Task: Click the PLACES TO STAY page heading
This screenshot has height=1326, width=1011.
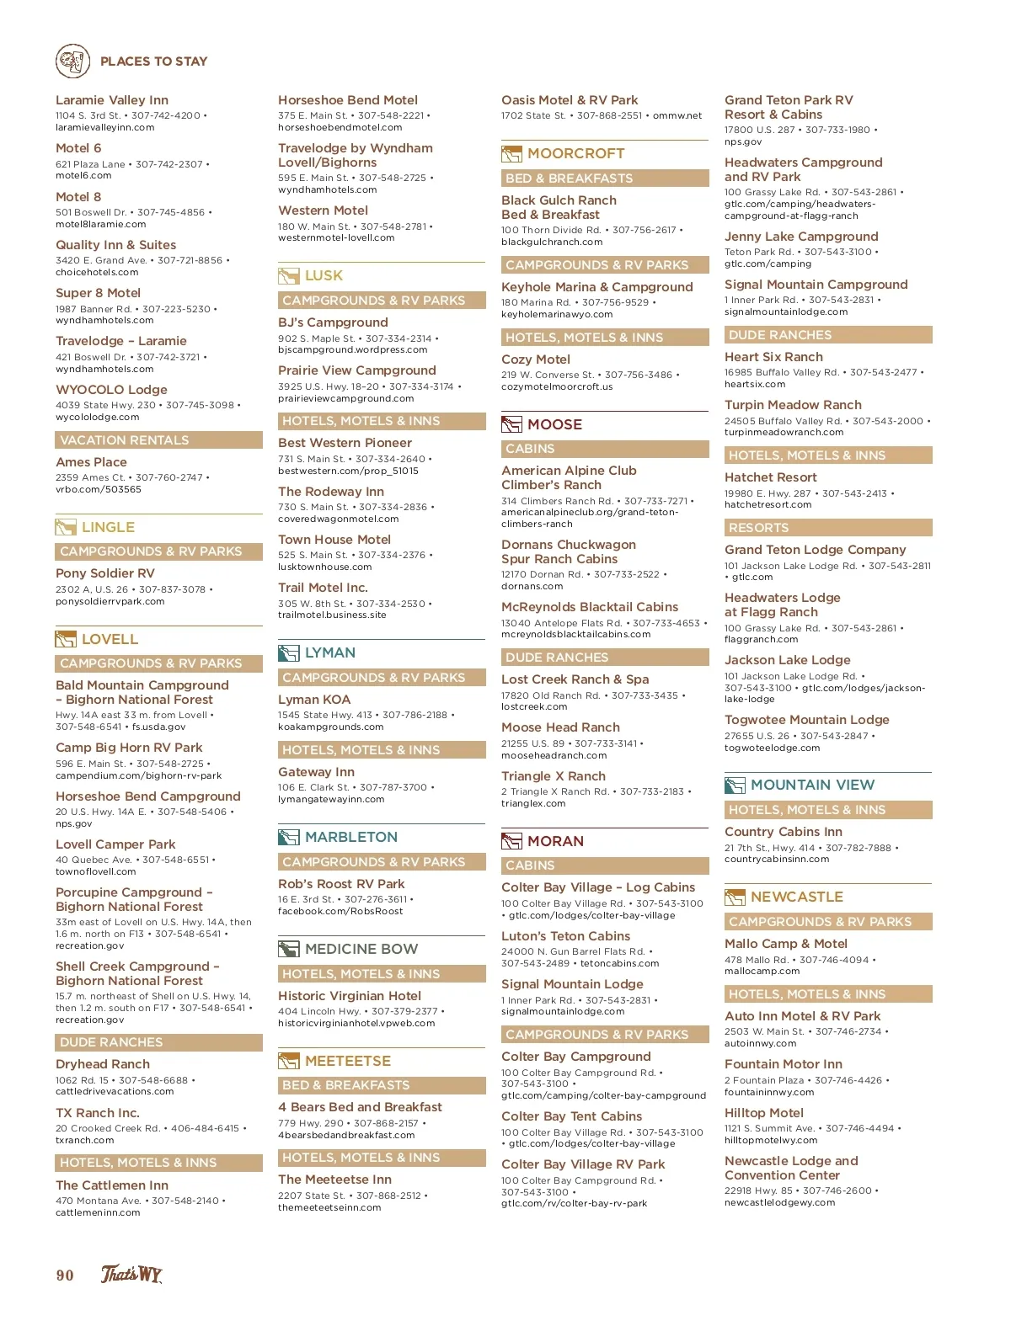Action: (153, 61)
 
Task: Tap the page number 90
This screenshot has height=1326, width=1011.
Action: (65, 1275)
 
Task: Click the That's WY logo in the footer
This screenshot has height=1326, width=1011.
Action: (131, 1275)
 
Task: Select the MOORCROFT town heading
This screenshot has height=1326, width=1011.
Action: (575, 153)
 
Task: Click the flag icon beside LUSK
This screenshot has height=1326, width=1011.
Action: (289, 276)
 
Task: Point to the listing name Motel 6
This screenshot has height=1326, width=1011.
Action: (78, 148)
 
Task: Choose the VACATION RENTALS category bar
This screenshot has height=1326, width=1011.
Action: (158, 440)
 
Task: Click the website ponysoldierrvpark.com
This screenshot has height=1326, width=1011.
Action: (110, 602)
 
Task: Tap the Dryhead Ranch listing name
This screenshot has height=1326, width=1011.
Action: (103, 1064)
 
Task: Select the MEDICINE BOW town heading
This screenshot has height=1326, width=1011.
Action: (361, 949)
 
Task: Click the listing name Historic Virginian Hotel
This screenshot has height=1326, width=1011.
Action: (350, 996)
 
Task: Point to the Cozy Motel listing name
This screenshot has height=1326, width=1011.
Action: (536, 359)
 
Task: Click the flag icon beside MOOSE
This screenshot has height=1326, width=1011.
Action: (511, 424)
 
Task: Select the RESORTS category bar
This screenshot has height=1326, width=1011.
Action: (828, 528)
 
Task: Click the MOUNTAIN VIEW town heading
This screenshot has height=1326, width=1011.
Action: (812, 785)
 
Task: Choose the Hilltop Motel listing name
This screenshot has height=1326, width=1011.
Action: (764, 1113)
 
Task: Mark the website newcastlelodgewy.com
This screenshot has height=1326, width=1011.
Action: (779, 1203)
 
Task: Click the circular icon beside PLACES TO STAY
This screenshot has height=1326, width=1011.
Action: (73, 61)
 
